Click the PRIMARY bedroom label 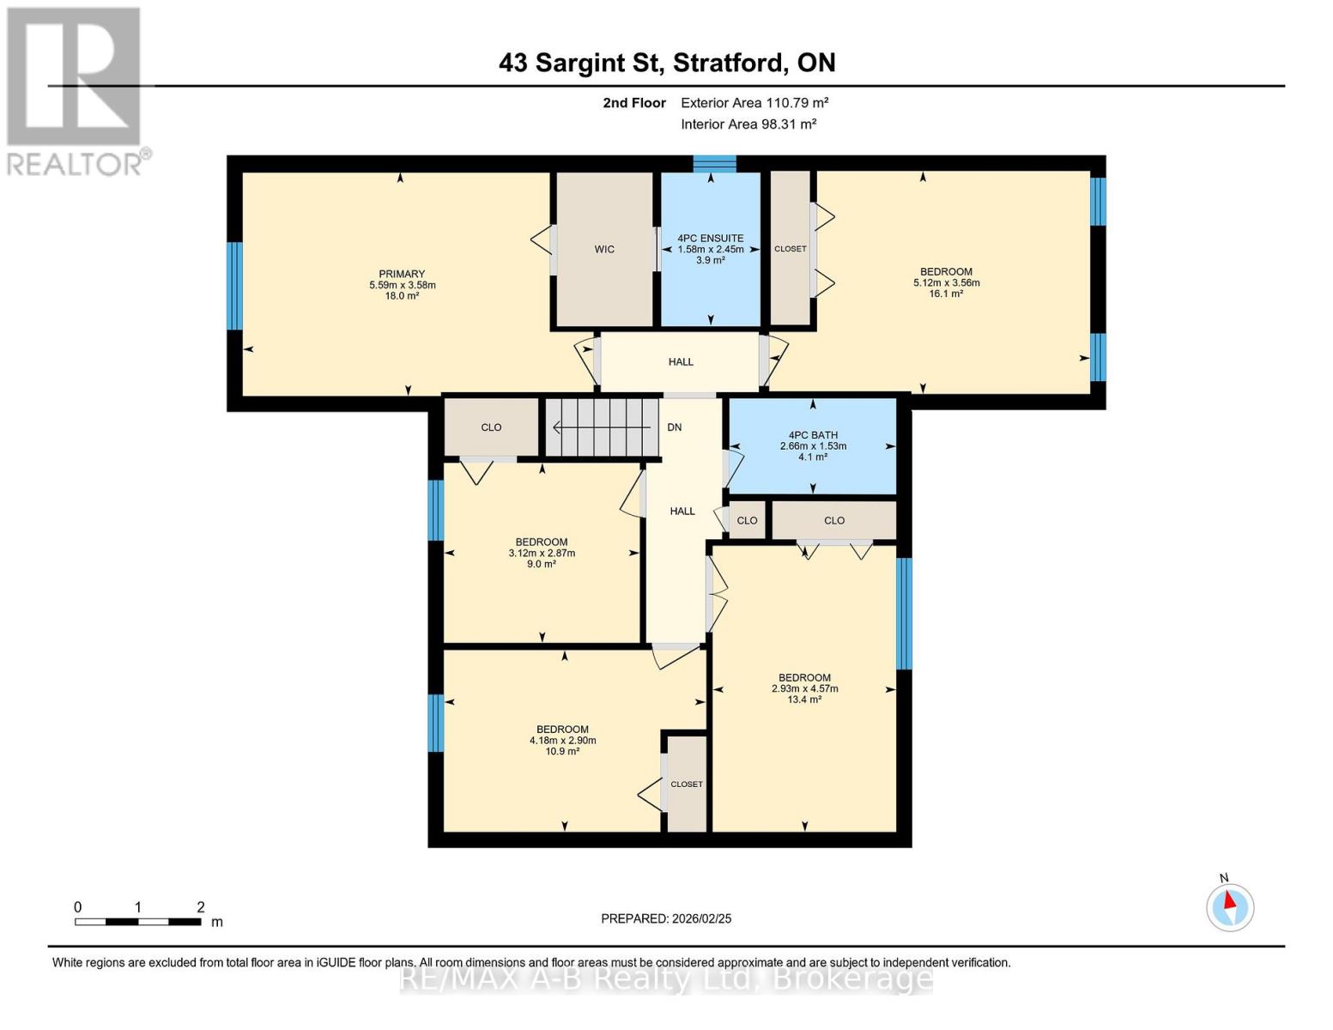click(x=402, y=274)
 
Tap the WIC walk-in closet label click(x=604, y=249)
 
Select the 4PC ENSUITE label click(x=711, y=238)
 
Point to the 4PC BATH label click(x=813, y=435)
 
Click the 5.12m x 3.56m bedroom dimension click(x=947, y=282)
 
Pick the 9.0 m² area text click(x=541, y=564)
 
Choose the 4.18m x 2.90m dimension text click(x=562, y=741)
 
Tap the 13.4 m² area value click(x=804, y=700)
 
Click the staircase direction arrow click(x=601, y=427)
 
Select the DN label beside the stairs click(x=674, y=427)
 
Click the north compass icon click(x=1230, y=907)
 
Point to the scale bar click(x=138, y=921)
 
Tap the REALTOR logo click(x=76, y=92)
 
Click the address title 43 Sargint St click(x=580, y=63)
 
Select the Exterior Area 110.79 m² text click(x=754, y=102)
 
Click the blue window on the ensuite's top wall click(x=715, y=164)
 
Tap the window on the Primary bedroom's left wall click(x=235, y=286)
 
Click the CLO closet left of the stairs click(x=491, y=427)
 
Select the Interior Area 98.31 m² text click(x=748, y=124)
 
